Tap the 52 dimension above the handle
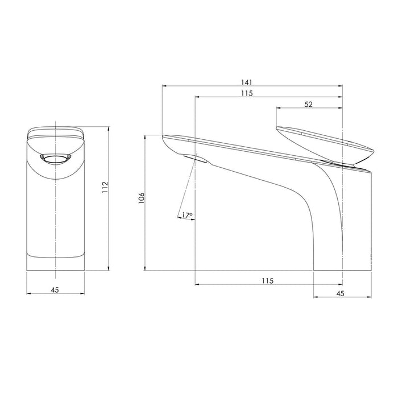coord(309,104)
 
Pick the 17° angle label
coord(187,215)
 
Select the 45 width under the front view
coord(55,290)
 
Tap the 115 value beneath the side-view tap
coord(268,280)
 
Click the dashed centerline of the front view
coord(55,227)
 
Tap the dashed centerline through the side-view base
coord(342,227)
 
